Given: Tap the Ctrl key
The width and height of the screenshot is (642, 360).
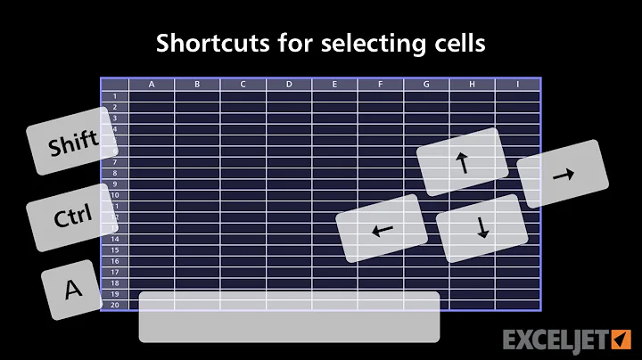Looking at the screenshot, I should pos(73,217).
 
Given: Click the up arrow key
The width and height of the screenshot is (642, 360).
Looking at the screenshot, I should pos(461,162).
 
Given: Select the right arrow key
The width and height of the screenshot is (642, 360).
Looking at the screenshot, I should pos(563,176).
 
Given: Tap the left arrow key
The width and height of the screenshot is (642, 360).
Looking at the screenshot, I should pos(382,230).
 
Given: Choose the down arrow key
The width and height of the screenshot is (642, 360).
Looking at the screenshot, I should pos(482,228).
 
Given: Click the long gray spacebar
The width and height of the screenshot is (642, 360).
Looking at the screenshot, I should pos(289,316).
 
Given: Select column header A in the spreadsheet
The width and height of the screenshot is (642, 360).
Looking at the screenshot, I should pos(152,85).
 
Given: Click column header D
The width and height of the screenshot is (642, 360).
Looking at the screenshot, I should pos(289,85).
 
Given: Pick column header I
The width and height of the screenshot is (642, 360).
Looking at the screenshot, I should pos(518,85).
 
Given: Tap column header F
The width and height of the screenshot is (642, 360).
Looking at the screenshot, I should pos(381,85).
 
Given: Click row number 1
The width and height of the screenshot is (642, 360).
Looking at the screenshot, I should pos(115,95).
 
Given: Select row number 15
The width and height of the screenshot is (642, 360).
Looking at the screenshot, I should pos(115,250).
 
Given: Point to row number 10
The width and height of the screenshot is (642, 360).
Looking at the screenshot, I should pos(115,194).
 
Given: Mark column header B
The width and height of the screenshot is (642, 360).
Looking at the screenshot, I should pos(197,85).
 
